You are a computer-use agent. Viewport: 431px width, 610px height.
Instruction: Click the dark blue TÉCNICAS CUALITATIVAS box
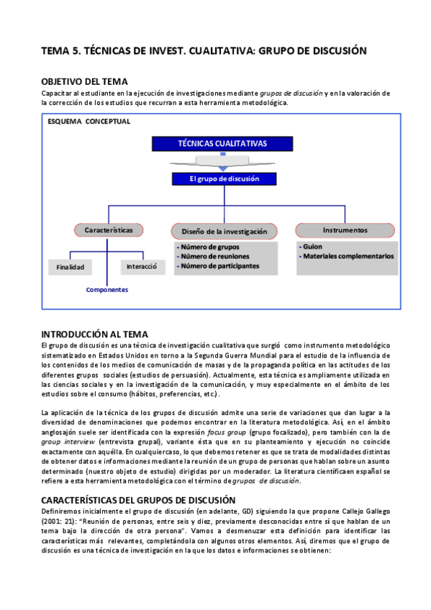click(x=222, y=143)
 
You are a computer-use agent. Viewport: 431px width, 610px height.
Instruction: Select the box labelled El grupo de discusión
click(x=222, y=179)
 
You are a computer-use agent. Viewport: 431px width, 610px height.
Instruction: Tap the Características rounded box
click(x=109, y=230)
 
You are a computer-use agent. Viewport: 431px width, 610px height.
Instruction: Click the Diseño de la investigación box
click(x=224, y=232)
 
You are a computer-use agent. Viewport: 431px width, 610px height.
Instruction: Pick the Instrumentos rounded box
click(x=345, y=230)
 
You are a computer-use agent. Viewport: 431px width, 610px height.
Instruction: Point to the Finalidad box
click(x=71, y=267)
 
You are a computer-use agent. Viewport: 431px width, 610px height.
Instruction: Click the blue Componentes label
click(x=106, y=290)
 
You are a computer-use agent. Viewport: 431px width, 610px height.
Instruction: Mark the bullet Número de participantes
click(x=220, y=265)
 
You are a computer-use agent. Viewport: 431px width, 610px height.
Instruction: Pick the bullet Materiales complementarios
click(x=348, y=256)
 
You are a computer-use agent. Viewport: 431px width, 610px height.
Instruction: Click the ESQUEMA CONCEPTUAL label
click(x=89, y=122)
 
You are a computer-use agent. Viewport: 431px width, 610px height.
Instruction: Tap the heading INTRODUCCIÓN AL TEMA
click(x=95, y=334)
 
